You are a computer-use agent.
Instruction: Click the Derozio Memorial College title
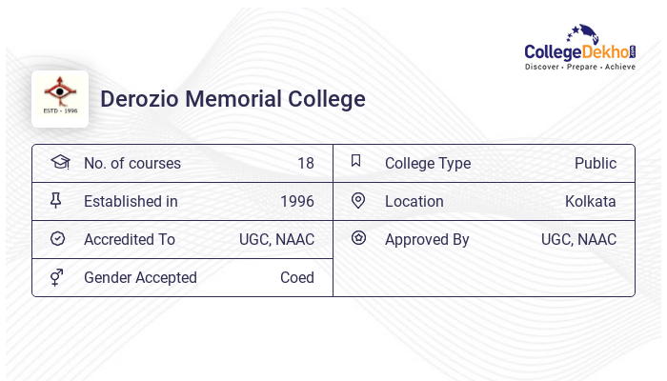(x=232, y=99)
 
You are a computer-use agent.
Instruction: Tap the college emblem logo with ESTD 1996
(x=60, y=98)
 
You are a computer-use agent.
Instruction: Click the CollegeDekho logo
(x=580, y=49)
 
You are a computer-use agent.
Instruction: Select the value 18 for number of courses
(x=305, y=163)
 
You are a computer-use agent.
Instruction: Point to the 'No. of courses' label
(x=132, y=163)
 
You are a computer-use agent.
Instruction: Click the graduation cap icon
(x=59, y=162)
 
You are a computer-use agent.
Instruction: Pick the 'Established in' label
(x=131, y=201)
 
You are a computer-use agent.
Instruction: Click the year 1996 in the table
(x=296, y=201)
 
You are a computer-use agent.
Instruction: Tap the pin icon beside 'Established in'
(x=57, y=200)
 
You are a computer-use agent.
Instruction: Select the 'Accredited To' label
(x=130, y=239)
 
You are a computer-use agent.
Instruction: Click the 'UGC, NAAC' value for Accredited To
(x=276, y=239)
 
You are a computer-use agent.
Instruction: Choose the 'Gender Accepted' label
(x=140, y=277)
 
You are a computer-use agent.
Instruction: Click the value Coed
(x=296, y=277)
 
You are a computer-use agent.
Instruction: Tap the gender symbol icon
(x=57, y=277)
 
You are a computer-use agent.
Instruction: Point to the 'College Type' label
(x=428, y=163)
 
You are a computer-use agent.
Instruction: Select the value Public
(x=595, y=163)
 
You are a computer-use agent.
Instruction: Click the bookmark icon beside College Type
(x=356, y=161)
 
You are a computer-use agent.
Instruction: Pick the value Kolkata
(x=590, y=201)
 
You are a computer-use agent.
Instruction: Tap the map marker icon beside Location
(x=358, y=200)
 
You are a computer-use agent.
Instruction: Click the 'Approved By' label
(x=427, y=239)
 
